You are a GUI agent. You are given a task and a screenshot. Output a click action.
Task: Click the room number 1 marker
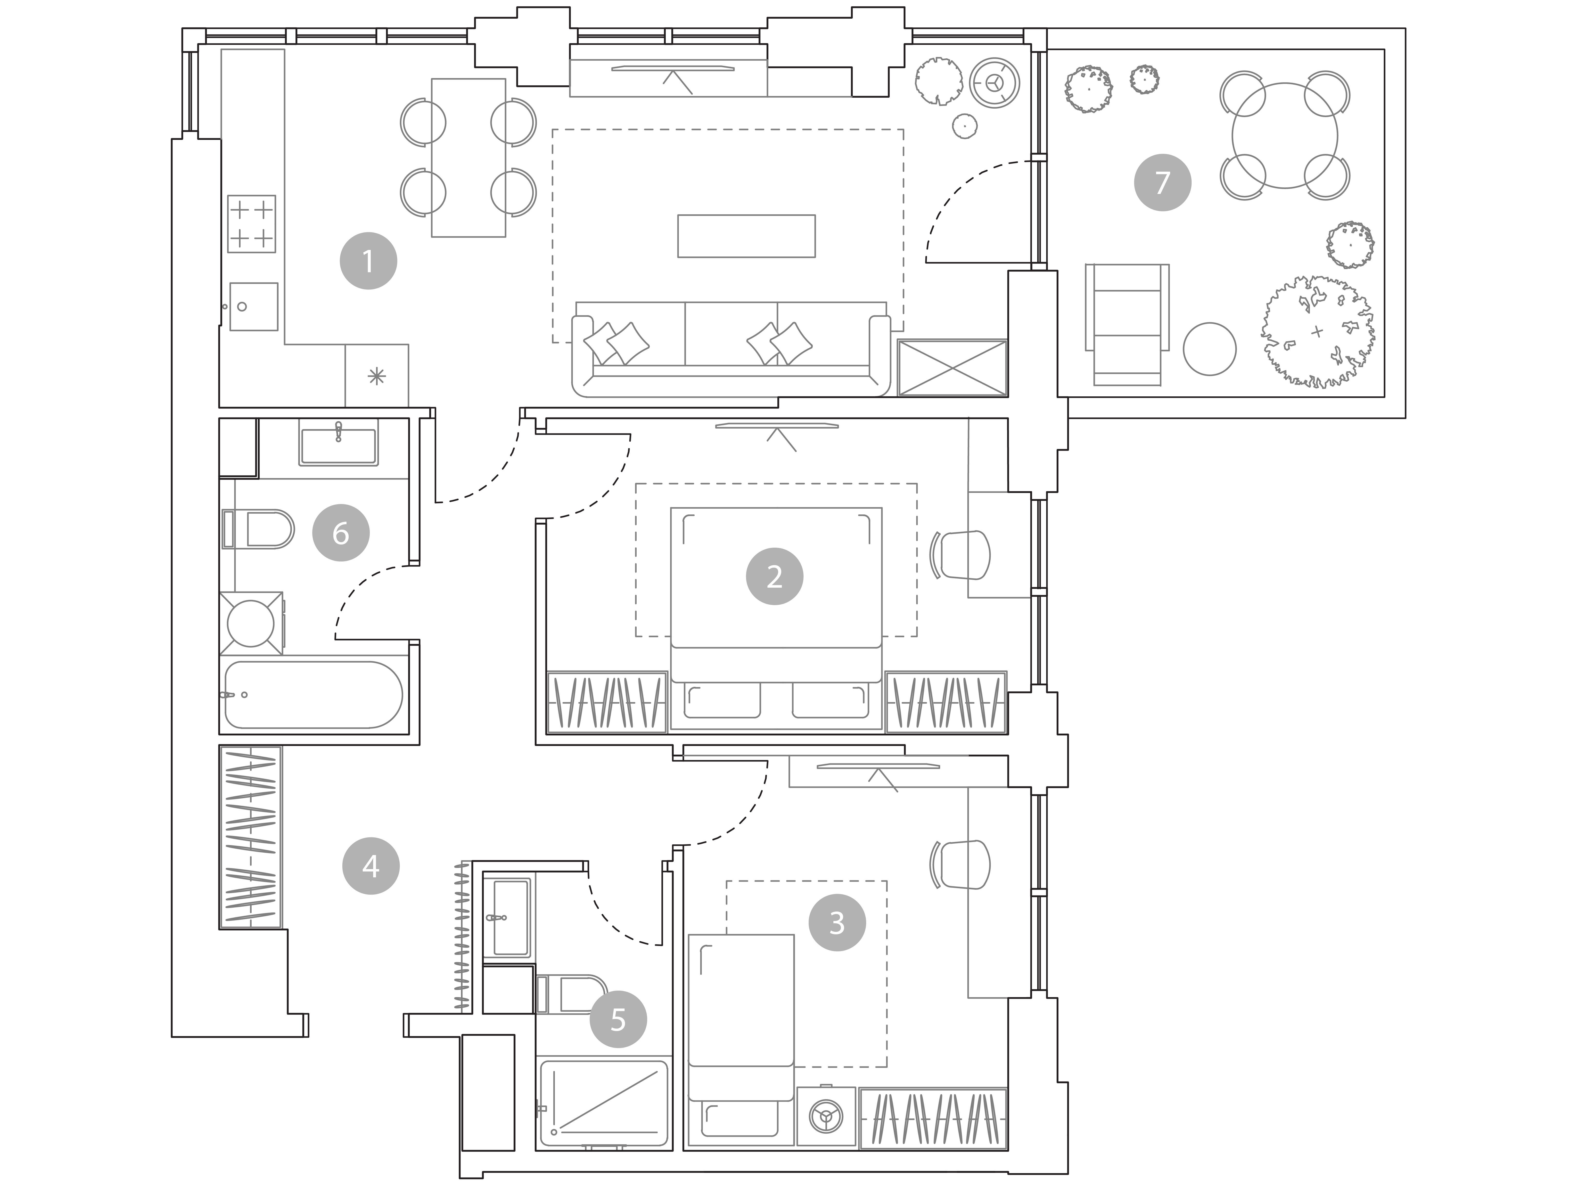368,261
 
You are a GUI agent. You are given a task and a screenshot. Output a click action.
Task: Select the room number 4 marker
371,866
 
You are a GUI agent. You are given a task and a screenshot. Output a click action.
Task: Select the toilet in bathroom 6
258,529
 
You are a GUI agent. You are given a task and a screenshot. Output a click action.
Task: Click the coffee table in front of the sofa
746,236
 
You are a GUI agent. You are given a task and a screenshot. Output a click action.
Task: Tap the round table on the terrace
1284,136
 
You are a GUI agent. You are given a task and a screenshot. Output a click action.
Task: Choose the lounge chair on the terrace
1127,324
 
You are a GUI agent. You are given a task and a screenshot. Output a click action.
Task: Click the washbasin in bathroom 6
338,445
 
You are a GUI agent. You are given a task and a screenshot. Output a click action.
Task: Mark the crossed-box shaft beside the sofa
952,368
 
